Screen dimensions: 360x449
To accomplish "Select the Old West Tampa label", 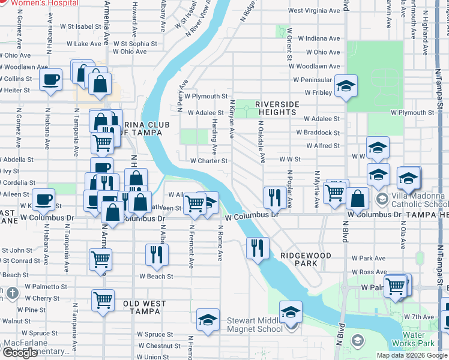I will (145, 304).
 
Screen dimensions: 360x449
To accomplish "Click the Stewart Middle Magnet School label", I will (255, 325).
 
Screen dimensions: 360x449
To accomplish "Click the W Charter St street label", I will (209, 161).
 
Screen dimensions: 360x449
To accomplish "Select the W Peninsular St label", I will (313, 80).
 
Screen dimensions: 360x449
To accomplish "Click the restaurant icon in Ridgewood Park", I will (258, 247).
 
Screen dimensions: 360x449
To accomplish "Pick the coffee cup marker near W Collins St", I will (51, 79).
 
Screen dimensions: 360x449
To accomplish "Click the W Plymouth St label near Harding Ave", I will (206, 96).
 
